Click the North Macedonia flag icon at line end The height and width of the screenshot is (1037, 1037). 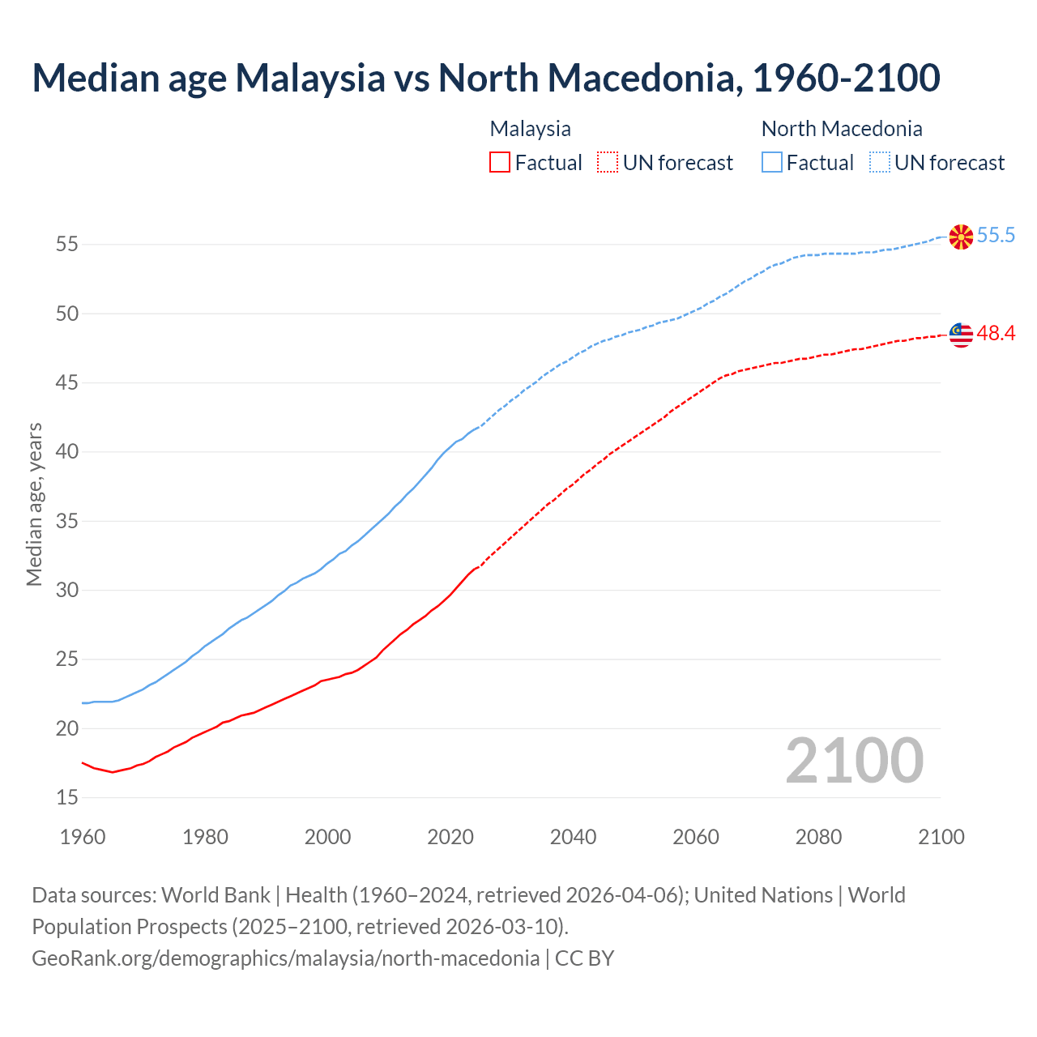tap(961, 237)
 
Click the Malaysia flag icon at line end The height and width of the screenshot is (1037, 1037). tap(961, 335)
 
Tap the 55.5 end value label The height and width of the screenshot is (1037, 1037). tap(996, 236)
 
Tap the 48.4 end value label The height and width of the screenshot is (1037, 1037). tap(996, 334)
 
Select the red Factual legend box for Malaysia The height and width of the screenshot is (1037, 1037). tap(500, 163)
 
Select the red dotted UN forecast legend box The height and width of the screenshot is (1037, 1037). tap(608, 163)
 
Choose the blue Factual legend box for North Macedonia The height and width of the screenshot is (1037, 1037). tap(772, 163)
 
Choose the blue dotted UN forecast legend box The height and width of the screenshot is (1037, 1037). tap(880, 163)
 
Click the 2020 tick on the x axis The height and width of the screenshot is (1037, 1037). tap(450, 837)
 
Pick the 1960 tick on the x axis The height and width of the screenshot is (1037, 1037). tap(83, 837)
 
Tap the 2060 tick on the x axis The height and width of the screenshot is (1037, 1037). tap(696, 837)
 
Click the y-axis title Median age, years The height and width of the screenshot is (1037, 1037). tap(34, 504)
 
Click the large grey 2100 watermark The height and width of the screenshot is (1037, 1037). tap(854, 761)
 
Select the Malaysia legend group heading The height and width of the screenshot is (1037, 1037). tap(531, 129)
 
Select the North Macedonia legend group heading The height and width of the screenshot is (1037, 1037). tap(842, 129)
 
